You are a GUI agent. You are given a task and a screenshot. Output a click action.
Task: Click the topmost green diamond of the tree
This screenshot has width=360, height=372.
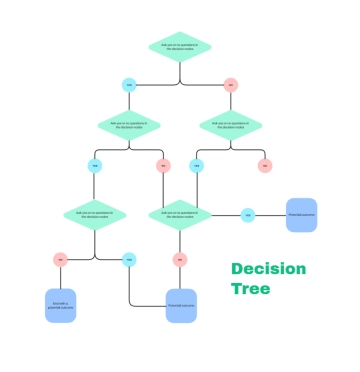179,46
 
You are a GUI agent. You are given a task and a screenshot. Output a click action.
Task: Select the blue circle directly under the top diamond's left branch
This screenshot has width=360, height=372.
128,84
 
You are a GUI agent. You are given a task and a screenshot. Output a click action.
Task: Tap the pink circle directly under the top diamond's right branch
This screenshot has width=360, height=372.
230,84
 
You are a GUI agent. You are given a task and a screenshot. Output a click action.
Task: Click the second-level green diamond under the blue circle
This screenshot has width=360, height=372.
129,125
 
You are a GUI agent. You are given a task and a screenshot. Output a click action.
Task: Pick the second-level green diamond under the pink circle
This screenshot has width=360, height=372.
230,125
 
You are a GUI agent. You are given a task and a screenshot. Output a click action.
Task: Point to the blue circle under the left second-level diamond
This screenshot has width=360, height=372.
95,165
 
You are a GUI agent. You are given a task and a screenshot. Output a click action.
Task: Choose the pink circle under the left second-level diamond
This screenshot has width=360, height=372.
163,165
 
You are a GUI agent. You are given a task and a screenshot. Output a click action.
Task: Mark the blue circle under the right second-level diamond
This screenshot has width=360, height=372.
196,165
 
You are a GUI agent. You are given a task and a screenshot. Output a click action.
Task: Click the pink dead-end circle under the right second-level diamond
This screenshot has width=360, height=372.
264,165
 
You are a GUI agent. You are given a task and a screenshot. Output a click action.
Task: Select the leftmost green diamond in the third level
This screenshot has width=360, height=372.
94,214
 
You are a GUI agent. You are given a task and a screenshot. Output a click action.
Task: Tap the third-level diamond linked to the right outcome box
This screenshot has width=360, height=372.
180,214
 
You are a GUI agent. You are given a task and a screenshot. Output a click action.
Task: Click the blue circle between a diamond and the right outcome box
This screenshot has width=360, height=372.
247,214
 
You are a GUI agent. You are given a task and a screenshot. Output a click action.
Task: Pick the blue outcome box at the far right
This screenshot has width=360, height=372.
301,214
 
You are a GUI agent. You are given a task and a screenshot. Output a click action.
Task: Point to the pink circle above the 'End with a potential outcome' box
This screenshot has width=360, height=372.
60,259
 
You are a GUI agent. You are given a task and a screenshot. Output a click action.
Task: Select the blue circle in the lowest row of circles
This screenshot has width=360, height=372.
128,259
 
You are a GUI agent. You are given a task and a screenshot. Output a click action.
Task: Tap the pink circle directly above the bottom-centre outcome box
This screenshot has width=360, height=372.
180,259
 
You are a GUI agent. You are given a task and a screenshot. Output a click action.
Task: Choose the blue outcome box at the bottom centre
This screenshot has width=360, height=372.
180,304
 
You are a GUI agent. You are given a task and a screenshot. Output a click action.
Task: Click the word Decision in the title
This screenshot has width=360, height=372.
269,269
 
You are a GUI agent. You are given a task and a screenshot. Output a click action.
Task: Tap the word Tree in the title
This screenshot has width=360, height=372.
250,289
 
